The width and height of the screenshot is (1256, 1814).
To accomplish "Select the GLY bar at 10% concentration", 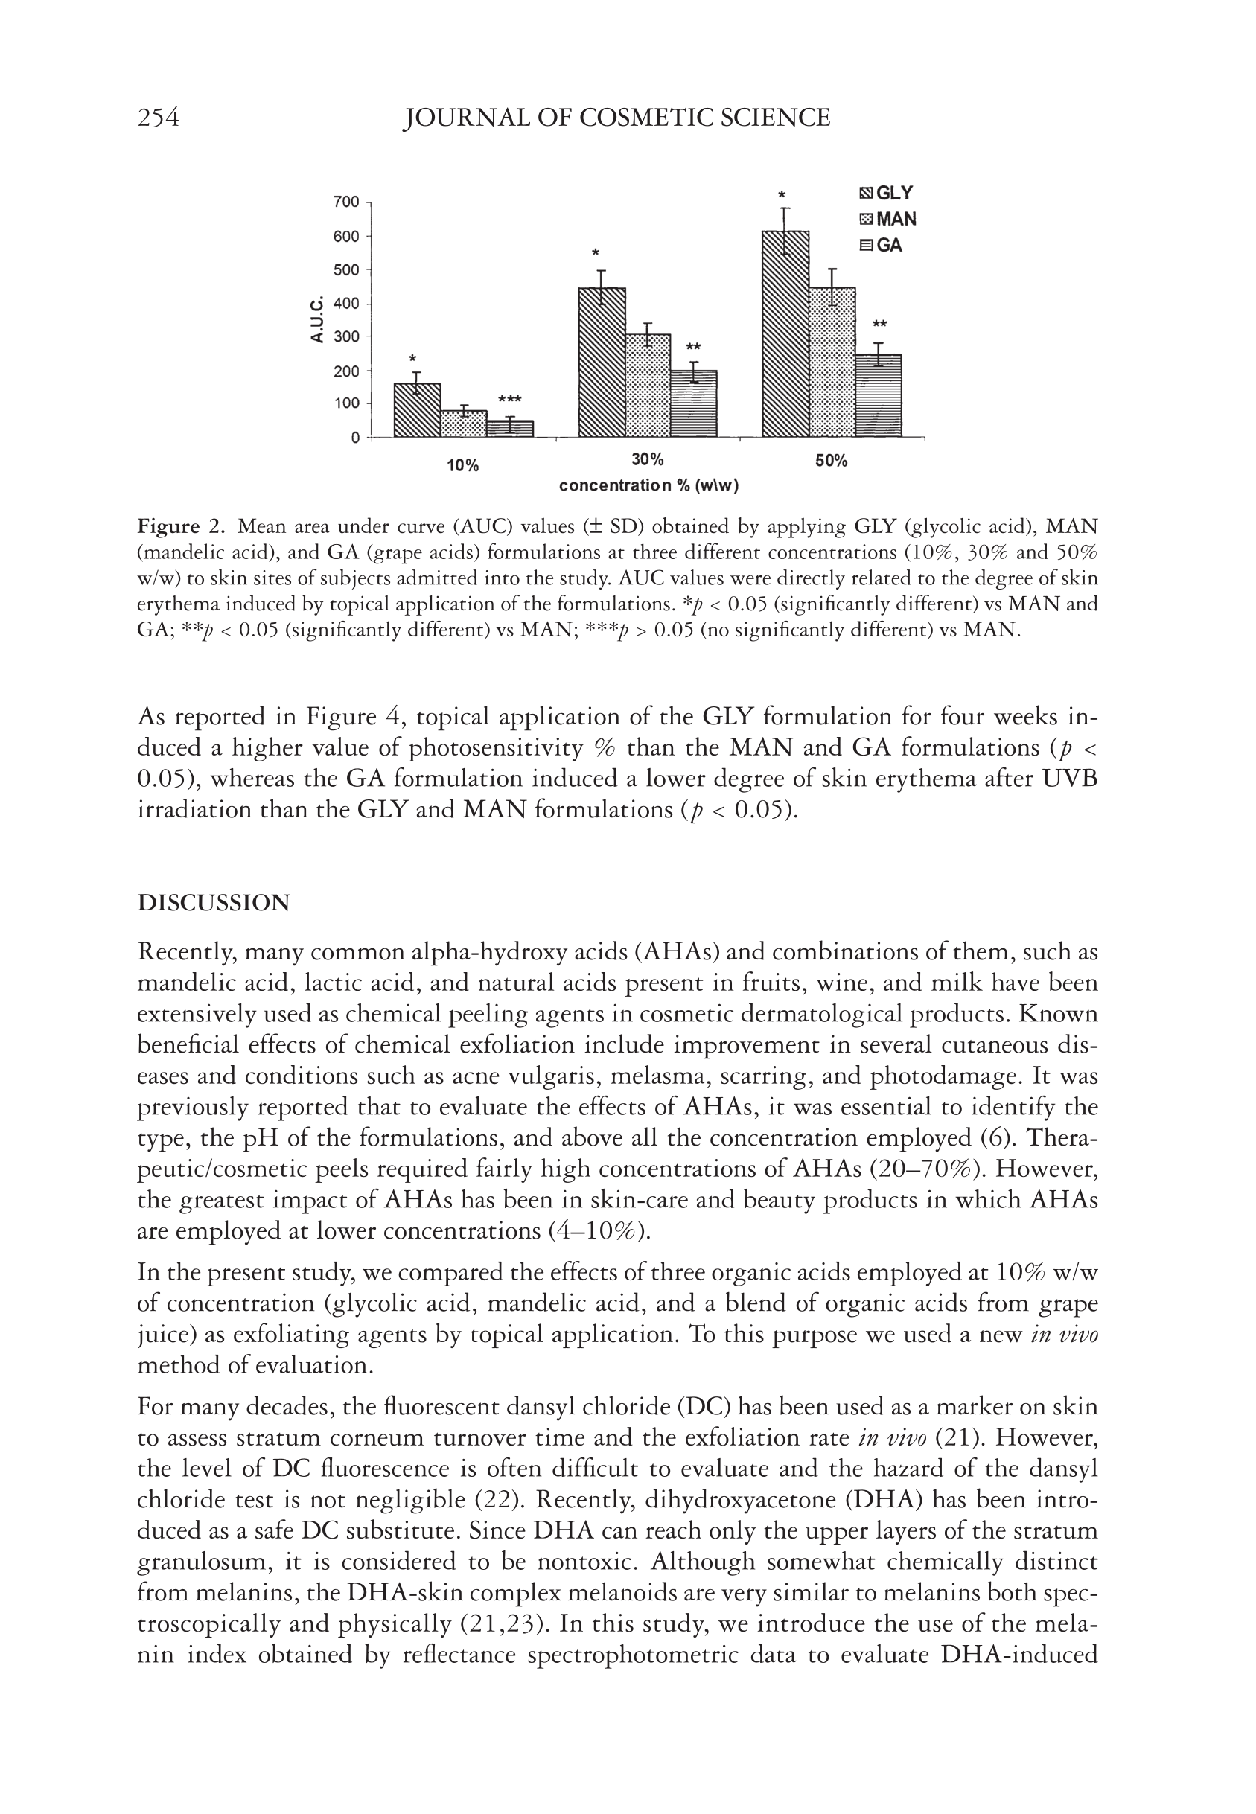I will pos(416,410).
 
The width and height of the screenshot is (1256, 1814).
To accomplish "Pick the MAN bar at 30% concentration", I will pos(648,386).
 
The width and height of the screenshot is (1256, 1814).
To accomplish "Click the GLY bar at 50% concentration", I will pos(785,334).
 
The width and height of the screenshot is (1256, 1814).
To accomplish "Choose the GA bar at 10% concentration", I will pos(509,428).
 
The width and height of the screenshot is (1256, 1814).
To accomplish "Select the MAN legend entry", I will pos(887,220).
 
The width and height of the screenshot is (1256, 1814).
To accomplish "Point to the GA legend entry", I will pos(881,246).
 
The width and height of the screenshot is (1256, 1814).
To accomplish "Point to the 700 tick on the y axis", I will pos(346,202).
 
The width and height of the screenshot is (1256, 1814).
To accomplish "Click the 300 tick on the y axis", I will pos(346,336).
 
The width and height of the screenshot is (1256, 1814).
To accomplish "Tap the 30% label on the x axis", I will pos(648,459).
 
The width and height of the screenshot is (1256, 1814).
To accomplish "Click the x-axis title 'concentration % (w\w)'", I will pos(648,485).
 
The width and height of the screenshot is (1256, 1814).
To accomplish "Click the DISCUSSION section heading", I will pos(213,903).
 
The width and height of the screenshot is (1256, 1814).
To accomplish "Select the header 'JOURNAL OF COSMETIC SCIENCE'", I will pos(616,118).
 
